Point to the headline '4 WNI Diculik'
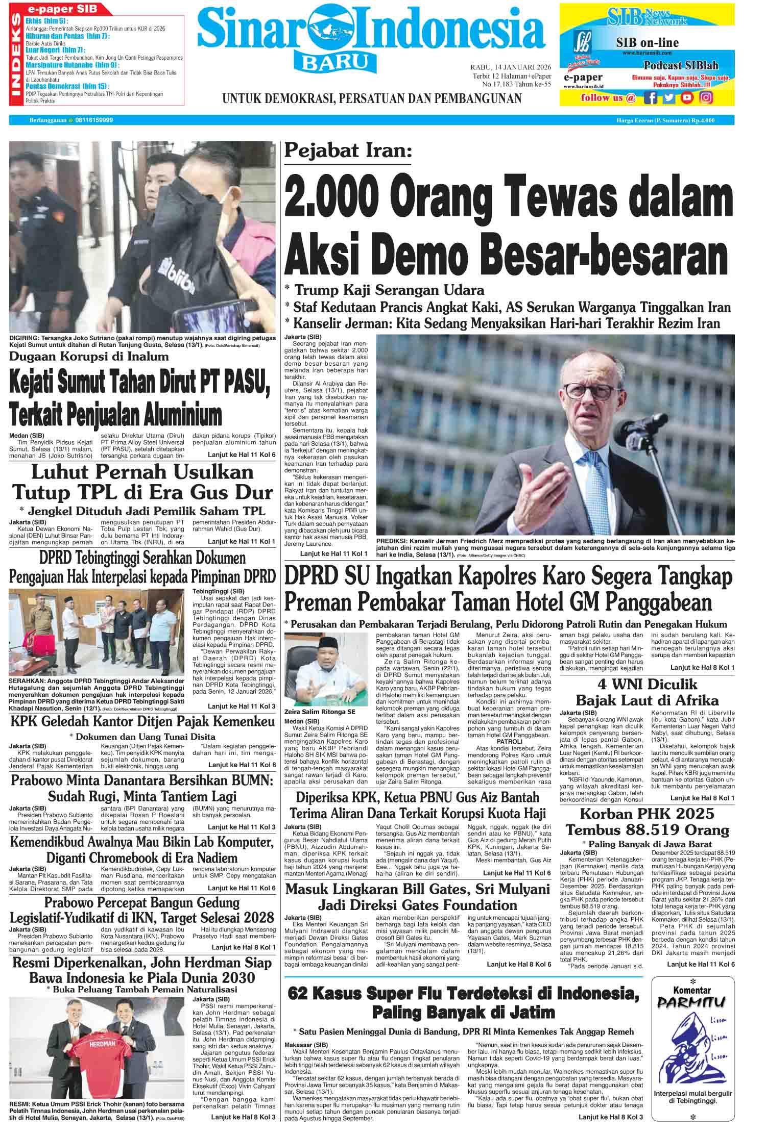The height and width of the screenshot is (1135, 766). (x=647, y=684)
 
